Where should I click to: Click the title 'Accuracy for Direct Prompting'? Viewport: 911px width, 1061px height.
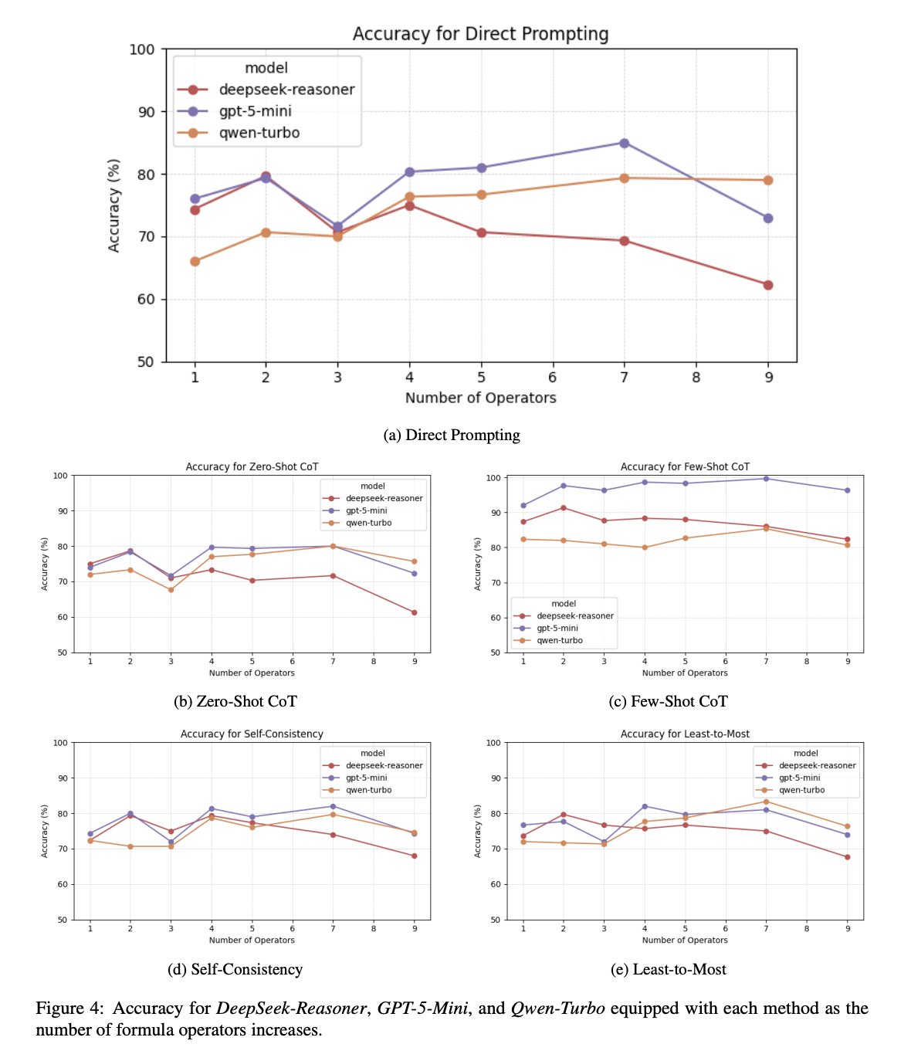[480, 34]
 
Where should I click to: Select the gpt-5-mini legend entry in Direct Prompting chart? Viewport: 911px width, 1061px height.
[255, 111]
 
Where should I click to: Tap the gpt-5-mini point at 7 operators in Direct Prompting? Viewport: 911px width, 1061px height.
[624, 143]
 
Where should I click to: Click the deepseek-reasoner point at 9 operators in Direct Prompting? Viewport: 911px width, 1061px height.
[768, 285]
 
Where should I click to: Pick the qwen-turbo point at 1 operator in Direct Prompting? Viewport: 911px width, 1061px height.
[195, 262]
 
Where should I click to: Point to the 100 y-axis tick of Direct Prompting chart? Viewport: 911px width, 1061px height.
[141, 49]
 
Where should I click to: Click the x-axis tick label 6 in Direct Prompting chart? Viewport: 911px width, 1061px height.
[553, 378]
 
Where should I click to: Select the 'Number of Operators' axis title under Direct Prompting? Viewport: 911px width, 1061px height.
[480, 398]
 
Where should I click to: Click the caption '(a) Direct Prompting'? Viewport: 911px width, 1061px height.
[452, 436]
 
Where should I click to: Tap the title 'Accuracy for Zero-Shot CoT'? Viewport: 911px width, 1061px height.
[252, 467]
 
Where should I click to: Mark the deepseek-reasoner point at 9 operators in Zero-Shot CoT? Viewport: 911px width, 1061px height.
[415, 612]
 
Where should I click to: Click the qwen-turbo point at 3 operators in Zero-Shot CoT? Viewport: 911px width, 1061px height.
[171, 590]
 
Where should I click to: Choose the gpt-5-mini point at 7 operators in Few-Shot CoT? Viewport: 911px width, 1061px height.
[766, 479]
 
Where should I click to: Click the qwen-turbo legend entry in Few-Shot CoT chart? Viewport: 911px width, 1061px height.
[559, 640]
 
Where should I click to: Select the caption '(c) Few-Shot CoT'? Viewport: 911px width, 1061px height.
[668, 701]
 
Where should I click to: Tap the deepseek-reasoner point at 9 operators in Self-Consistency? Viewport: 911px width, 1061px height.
[415, 856]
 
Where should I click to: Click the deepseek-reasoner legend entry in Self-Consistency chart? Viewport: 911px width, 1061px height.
[384, 765]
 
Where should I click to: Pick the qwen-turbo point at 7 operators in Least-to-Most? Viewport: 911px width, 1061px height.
[766, 802]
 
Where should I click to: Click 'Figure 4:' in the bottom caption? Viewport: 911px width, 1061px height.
[69, 1008]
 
